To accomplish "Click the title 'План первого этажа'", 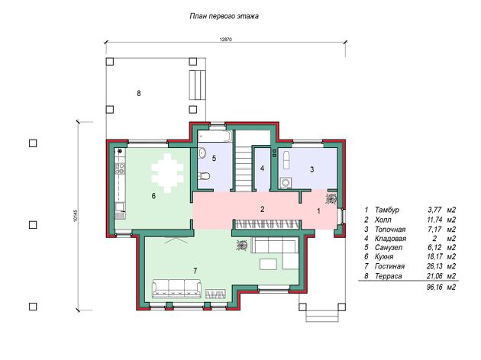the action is coord(224,16).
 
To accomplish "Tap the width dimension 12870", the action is coord(226,40).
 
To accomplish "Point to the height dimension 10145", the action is coord(76,216).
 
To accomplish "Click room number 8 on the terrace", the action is coord(139,93).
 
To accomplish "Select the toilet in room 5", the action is coord(204,176).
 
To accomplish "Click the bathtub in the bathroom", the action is coord(214,137).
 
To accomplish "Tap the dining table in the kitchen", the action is coord(167,173).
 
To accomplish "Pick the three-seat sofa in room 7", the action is coord(177,289).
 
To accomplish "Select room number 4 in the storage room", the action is coord(262,169).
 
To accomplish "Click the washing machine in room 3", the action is coord(286,183).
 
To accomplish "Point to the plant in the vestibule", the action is coord(331,198).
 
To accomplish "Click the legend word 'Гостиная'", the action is coord(389,266).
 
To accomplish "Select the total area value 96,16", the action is coord(434,287).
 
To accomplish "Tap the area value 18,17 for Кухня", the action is coord(434,256).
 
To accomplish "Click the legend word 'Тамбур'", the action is coord(387,210).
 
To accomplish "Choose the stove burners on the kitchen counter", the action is coord(120,169).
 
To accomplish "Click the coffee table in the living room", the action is coord(269,264).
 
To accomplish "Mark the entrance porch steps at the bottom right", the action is coord(323,316).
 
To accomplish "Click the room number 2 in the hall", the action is coord(262,209).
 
